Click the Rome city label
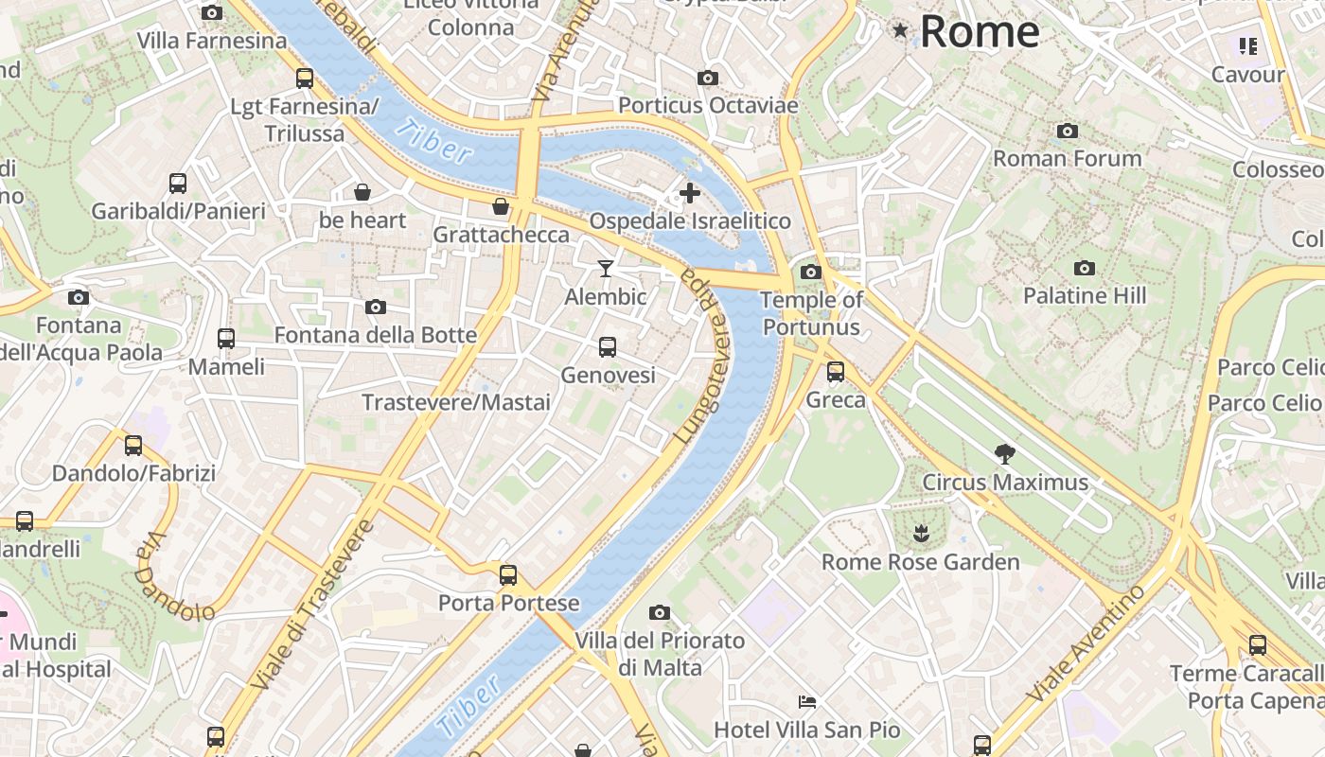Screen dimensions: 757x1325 tap(979, 31)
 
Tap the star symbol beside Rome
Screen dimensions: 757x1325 tap(900, 31)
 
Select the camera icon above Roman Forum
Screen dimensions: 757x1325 tap(1068, 131)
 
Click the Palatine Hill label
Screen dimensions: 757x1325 tap(1085, 295)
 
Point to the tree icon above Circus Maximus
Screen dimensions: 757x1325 tap(1005, 454)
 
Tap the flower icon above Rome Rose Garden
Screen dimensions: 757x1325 tap(920, 534)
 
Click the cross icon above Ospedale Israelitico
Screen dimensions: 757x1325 tap(690, 193)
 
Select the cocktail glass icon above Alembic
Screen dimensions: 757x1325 tap(606, 269)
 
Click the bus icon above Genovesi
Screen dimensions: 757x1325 tap(608, 347)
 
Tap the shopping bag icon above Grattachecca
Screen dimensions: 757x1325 tap(501, 205)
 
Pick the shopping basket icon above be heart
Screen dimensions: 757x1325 tap(362, 192)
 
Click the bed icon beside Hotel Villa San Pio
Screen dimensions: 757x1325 tap(807, 702)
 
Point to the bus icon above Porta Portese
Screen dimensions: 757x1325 tap(508, 574)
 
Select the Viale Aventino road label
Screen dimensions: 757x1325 tap(1087, 643)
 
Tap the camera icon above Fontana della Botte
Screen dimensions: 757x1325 tap(376, 307)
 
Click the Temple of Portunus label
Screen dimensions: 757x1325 tap(812, 313)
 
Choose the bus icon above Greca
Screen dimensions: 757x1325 tap(836, 372)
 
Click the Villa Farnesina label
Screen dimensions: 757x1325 tap(212, 41)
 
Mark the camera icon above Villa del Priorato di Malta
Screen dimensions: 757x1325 tap(660, 612)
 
